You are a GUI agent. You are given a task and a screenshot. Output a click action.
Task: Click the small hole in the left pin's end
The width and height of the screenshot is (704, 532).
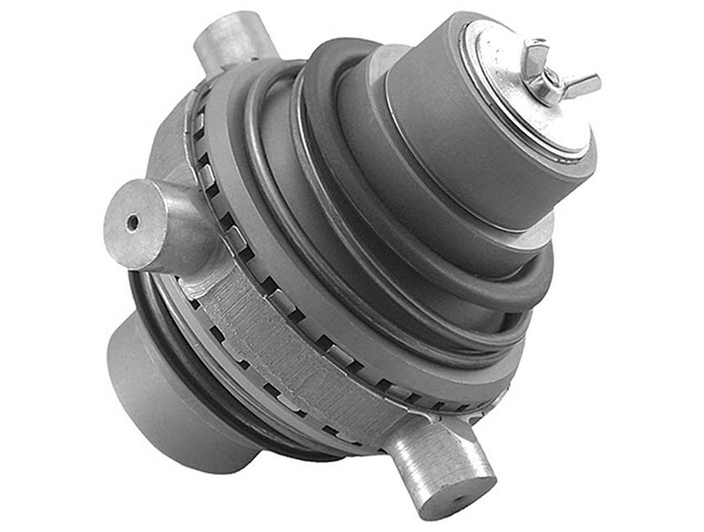click(x=132, y=222)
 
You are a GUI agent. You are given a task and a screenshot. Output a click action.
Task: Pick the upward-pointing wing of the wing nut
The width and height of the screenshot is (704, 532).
click(x=537, y=47)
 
